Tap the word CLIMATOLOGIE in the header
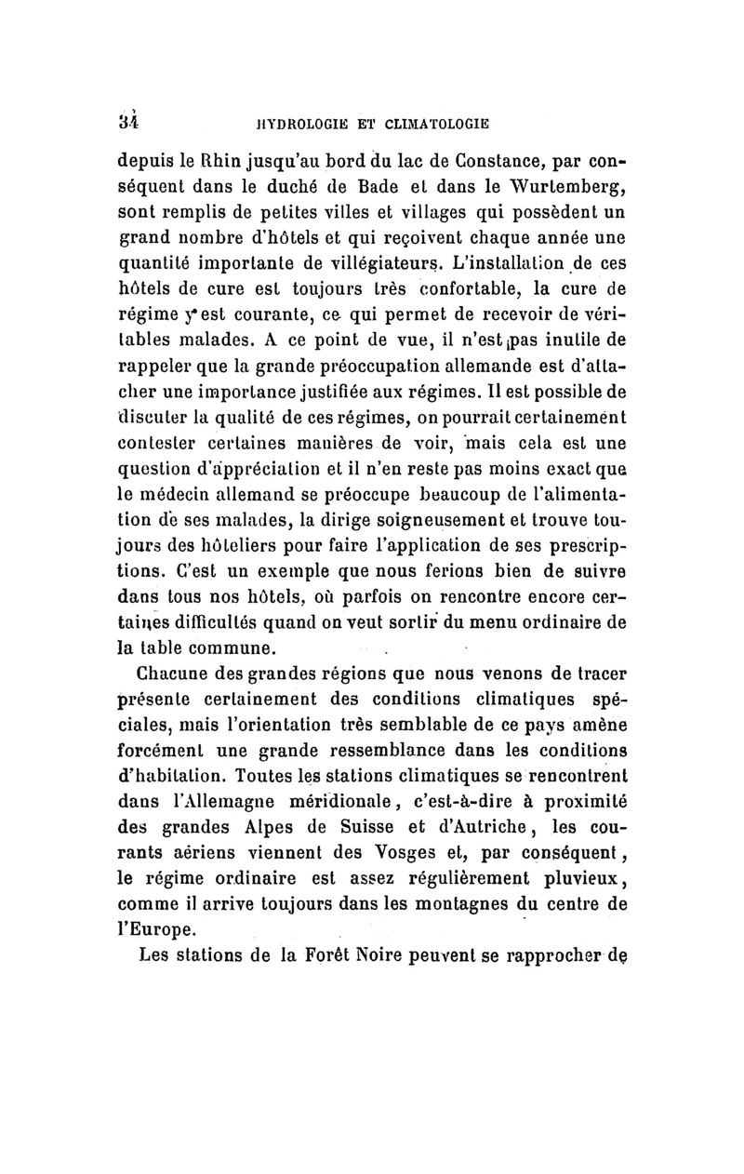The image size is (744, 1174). pyautogui.click(x=437, y=122)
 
